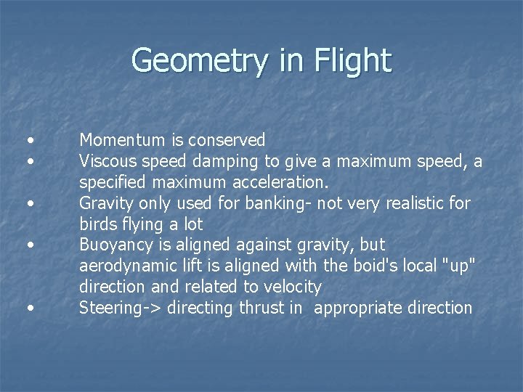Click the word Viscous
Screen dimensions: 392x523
coord(105,160)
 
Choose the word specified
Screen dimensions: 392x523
coord(110,181)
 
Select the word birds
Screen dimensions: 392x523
coord(96,224)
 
